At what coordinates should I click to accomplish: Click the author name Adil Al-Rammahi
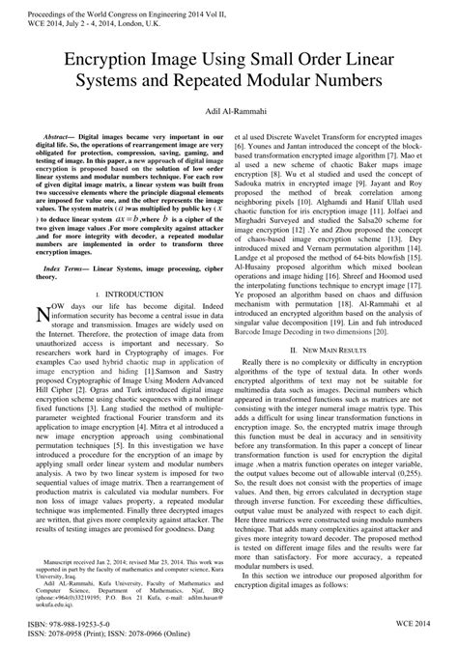(229, 114)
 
